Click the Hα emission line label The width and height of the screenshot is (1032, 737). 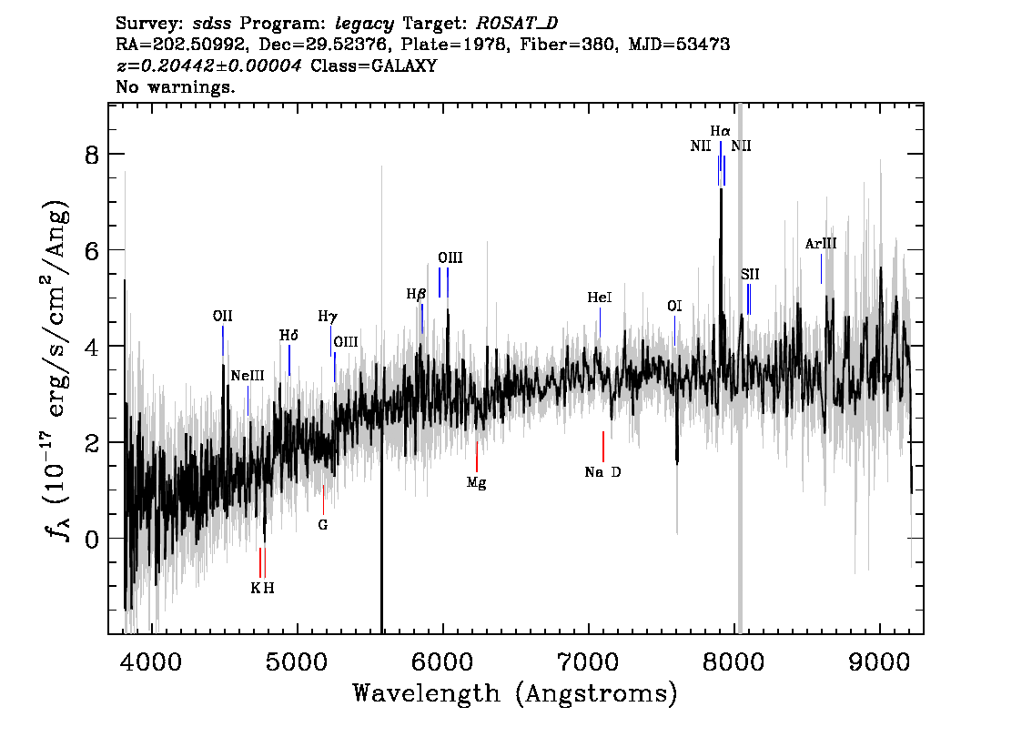[x=720, y=132]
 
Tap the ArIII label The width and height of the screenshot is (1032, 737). [x=821, y=244]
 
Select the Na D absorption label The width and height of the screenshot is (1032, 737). [x=602, y=472]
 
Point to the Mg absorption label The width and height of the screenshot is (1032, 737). [x=477, y=483]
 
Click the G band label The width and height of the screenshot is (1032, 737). [x=322, y=525]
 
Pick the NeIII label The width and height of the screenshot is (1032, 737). [x=248, y=376]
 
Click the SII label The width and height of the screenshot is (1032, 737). [x=750, y=275]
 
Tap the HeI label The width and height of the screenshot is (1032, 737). [x=600, y=298]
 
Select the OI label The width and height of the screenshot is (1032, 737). [x=674, y=306]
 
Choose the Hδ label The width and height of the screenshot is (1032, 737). [x=288, y=336]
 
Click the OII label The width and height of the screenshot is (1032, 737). [x=222, y=317]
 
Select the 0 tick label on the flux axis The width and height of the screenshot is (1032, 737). [x=92, y=540]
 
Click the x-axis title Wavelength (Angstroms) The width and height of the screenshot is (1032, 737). [x=515, y=693]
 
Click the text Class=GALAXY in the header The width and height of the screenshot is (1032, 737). [x=374, y=66]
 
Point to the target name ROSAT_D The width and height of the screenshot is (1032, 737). [x=517, y=24]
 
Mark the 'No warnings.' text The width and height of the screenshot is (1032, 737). [x=176, y=86]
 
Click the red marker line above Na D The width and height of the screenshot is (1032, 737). [x=602, y=448]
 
